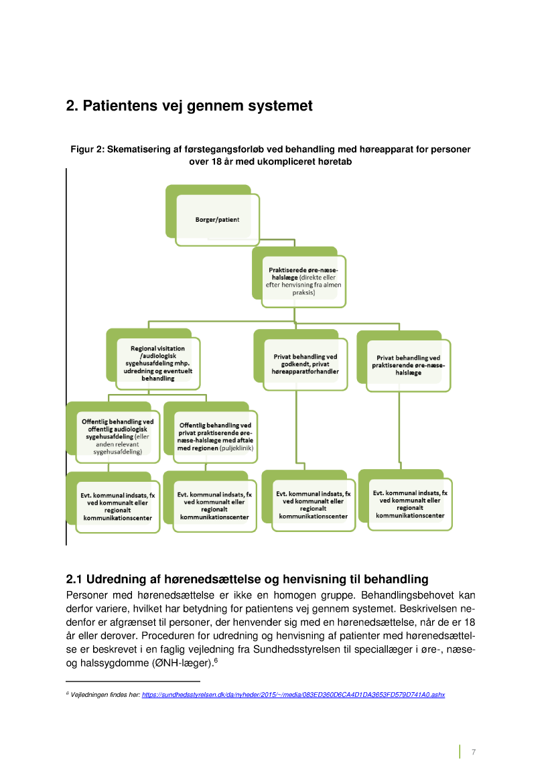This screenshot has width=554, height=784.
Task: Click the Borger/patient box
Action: [217, 219]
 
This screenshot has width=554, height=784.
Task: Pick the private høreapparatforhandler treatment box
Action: [305, 364]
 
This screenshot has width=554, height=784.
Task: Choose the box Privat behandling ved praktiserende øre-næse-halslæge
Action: [408, 365]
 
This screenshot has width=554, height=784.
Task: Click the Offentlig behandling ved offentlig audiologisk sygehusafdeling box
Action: [117, 436]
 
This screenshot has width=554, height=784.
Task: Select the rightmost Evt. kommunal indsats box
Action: [410, 504]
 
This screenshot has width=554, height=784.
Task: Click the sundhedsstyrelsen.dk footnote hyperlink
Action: [293, 695]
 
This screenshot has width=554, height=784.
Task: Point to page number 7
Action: [474, 752]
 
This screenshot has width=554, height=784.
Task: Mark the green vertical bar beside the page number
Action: [460, 752]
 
